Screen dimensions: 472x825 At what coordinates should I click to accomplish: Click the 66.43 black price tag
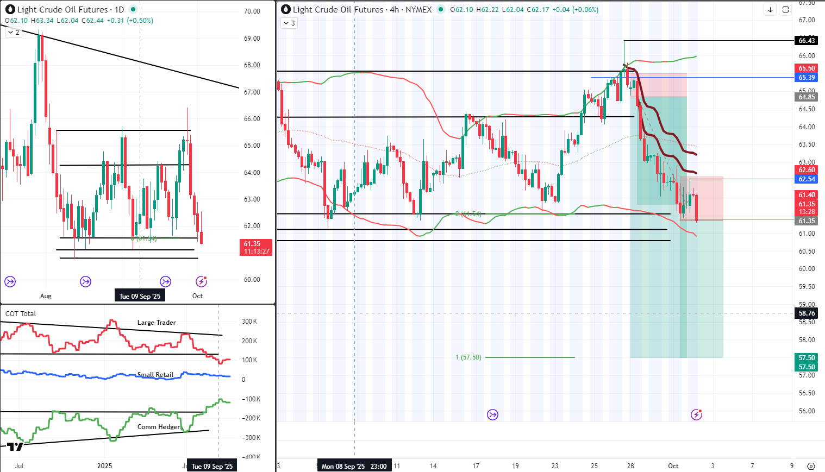click(807, 41)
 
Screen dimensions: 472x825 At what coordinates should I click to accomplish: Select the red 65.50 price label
click(807, 68)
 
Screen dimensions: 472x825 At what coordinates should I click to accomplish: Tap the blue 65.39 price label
click(807, 78)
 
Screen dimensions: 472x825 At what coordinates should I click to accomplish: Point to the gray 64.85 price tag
click(807, 97)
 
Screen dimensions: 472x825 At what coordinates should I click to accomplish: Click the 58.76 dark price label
click(807, 313)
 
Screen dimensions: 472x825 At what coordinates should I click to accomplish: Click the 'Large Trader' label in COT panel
click(157, 323)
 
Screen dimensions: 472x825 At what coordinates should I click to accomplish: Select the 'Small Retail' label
click(155, 375)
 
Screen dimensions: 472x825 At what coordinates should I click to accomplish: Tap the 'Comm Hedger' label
click(159, 427)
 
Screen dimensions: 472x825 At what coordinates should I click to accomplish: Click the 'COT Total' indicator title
click(21, 314)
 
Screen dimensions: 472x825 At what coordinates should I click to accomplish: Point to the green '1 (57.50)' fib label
click(468, 357)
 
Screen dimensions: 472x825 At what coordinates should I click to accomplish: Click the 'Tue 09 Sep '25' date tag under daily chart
click(140, 297)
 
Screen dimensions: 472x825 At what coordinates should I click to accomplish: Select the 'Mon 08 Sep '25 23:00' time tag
click(354, 467)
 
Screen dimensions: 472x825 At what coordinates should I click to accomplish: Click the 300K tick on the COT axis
click(249, 322)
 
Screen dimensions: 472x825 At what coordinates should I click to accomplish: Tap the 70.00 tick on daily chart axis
click(252, 11)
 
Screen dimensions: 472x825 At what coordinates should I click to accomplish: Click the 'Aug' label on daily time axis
click(46, 297)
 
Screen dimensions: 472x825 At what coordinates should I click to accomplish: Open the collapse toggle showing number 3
click(289, 23)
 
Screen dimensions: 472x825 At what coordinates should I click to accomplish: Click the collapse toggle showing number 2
click(14, 33)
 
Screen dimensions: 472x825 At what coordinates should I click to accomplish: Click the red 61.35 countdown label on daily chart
click(257, 248)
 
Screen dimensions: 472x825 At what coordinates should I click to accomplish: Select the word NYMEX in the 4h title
click(418, 10)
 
